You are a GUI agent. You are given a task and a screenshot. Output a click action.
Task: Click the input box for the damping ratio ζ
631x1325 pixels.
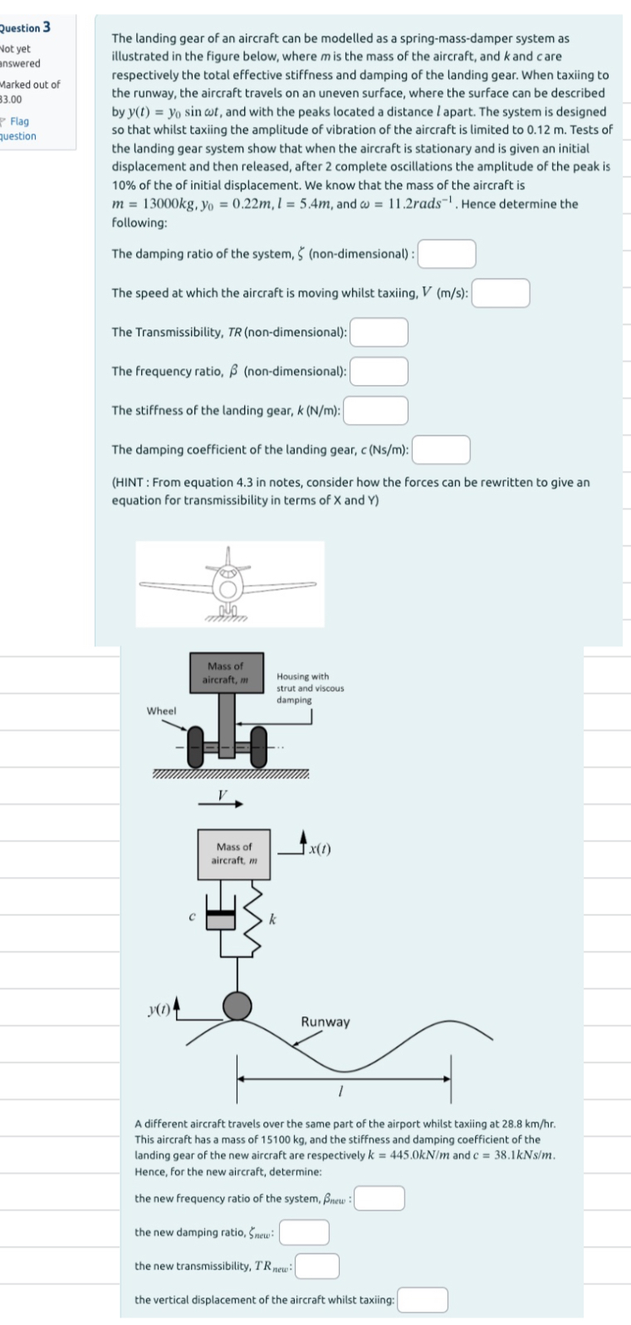click(447, 254)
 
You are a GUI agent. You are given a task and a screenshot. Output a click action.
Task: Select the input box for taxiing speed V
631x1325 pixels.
click(501, 293)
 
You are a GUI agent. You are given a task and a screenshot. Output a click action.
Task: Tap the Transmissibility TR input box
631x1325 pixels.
click(379, 332)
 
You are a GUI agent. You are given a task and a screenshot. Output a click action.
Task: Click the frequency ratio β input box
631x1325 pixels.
click(379, 371)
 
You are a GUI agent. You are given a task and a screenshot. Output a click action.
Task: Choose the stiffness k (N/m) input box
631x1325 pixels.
click(376, 410)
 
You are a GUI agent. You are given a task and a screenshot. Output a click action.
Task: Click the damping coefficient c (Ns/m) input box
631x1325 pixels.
click(442, 450)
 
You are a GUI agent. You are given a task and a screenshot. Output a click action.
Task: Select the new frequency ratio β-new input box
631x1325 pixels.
click(380, 1199)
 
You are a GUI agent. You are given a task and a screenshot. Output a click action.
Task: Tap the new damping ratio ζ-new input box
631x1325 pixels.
click(304, 1233)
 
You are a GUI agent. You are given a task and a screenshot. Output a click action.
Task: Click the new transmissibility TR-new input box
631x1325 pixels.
click(317, 1267)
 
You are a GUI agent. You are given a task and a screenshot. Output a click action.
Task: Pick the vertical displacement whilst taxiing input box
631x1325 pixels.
click(423, 1300)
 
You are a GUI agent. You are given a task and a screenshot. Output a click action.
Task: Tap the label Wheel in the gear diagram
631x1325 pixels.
click(161, 711)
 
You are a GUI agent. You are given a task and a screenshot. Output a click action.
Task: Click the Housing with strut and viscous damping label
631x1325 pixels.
click(309, 688)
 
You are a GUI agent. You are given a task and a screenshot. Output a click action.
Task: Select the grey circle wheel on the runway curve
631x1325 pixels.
click(238, 1006)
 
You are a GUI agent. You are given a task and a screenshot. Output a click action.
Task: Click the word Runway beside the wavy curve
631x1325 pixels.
click(325, 1021)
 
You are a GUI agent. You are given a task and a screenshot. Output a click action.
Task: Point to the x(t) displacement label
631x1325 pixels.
click(320, 848)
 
